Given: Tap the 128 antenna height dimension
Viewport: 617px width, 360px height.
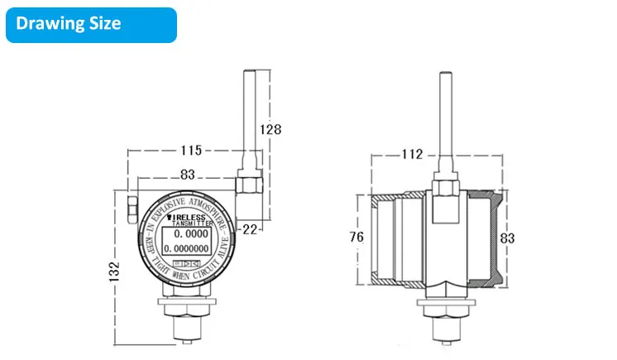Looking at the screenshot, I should click(270, 129).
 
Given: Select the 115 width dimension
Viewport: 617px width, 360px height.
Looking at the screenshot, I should click(192, 151).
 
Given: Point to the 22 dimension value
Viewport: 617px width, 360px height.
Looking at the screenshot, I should click(249, 227).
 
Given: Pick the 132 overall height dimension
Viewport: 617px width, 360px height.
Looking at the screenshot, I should click(114, 270).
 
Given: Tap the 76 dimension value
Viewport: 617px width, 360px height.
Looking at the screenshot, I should click(356, 238).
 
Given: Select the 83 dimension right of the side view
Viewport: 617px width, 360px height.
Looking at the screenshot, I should click(507, 238).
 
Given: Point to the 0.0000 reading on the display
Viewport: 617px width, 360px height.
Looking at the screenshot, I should click(190, 234).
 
